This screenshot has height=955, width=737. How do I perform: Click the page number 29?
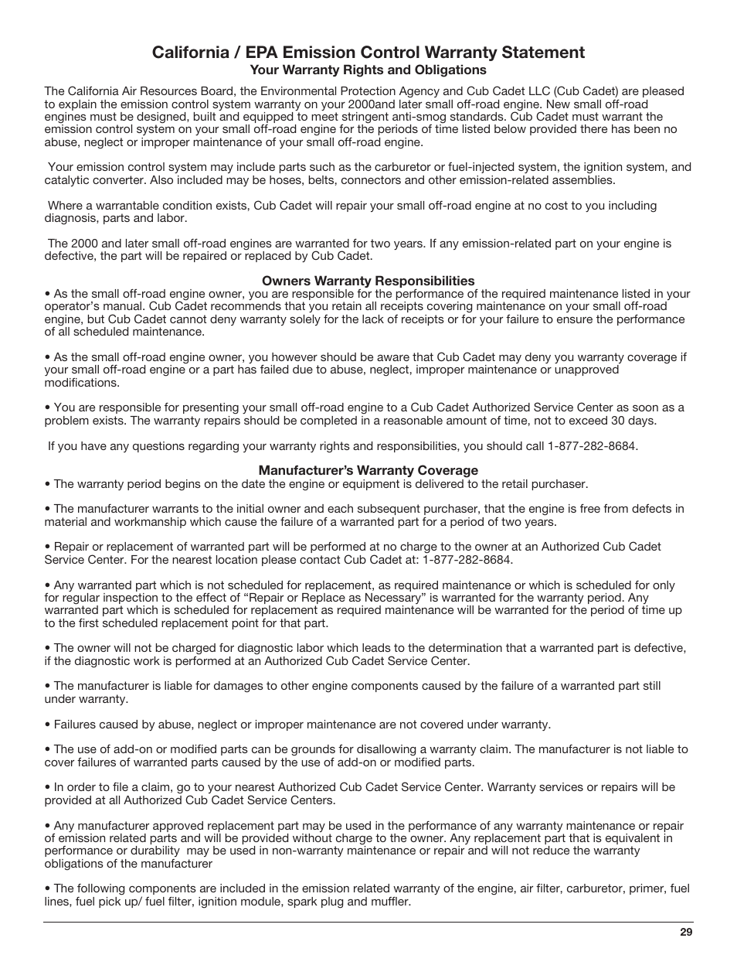tap(686, 933)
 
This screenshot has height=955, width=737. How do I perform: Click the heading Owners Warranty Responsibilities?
tap(368, 281)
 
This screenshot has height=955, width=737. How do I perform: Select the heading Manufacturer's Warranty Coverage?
tap(368, 470)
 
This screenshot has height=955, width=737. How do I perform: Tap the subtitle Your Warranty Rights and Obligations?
tap(368, 70)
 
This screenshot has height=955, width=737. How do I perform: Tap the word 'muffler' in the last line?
tap(389, 902)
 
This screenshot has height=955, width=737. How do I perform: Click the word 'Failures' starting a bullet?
tap(76, 725)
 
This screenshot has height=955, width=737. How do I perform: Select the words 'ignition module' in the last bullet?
tap(251, 902)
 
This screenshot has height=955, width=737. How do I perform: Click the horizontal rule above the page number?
tap(368, 922)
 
